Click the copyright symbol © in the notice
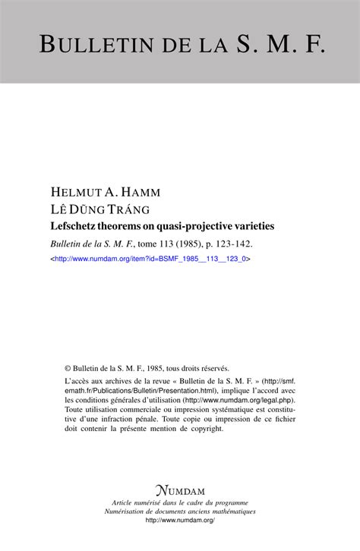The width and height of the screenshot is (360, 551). pos(68,367)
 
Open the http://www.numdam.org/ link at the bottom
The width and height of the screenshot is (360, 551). pos(180,521)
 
